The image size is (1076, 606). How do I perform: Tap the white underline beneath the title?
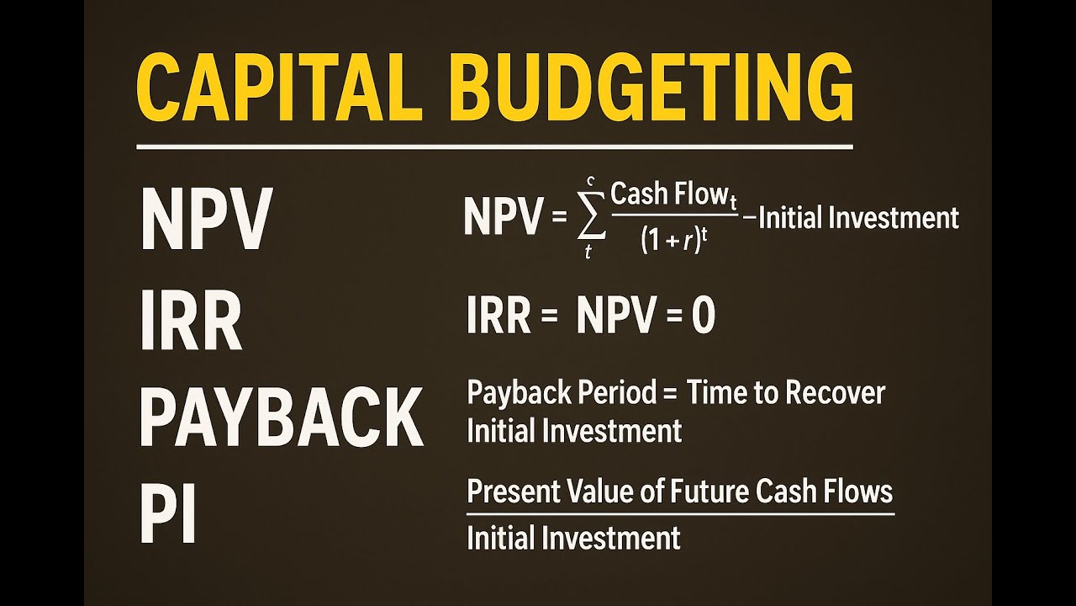[x=494, y=148]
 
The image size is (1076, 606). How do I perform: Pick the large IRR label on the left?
[x=192, y=321]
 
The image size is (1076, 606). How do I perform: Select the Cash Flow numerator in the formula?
[x=673, y=195]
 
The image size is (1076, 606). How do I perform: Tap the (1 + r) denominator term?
[x=672, y=241]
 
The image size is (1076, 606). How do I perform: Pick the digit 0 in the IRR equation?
[x=703, y=317]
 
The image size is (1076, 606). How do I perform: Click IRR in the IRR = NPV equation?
[x=499, y=317]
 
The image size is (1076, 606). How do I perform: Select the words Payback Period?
[x=561, y=393]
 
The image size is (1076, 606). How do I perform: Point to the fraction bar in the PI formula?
[x=679, y=512]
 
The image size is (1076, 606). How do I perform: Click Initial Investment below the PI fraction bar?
[x=573, y=537]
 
